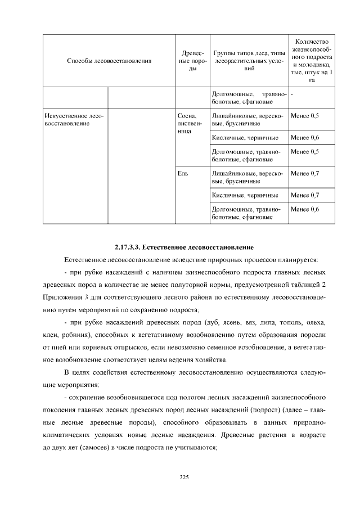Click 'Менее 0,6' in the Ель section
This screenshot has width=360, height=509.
304,209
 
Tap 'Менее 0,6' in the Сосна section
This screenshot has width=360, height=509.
304,137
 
